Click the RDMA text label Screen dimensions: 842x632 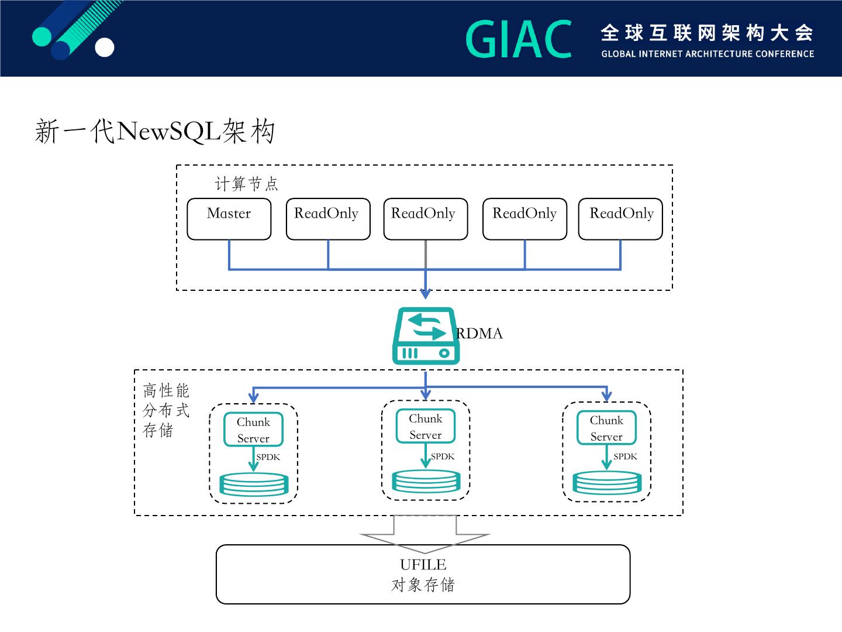pyautogui.click(x=479, y=334)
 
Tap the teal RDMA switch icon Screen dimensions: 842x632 pyautogui.click(x=426, y=336)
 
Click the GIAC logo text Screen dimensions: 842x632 pyautogui.click(x=519, y=39)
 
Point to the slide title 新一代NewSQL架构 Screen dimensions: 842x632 pyautogui.click(x=155, y=131)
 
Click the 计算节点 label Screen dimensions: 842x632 pyautogui.click(x=246, y=184)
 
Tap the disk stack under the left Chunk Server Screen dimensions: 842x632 pyautogui.click(x=254, y=485)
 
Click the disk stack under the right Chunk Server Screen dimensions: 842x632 pyautogui.click(x=607, y=483)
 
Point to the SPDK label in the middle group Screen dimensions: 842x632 pyautogui.click(x=442, y=456)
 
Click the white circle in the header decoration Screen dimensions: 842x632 pyautogui.click(x=104, y=47)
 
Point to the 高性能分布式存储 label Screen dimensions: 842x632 pyautogui.click(x=165, y=410)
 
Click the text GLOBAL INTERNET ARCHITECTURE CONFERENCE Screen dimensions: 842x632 pyautogui.click(x=708, y=54)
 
